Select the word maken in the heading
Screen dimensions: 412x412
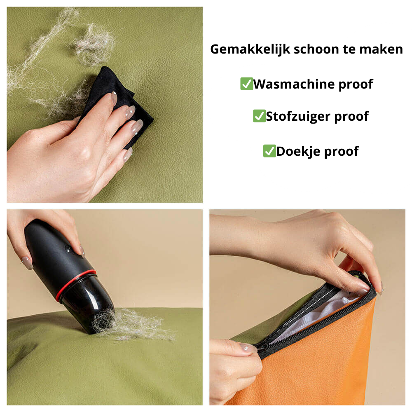tap(381, 49)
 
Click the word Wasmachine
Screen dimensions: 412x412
tap(294, 84)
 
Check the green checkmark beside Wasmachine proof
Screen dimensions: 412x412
tap(246, 84)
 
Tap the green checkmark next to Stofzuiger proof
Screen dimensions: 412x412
tap(259, 116)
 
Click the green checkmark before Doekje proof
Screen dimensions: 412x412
tap(269, 151)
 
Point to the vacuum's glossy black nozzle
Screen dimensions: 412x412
tap(91, 305)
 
